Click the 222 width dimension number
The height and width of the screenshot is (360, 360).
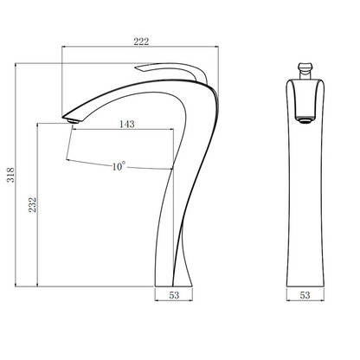[x=141, y=42]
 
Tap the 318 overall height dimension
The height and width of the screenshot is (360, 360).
[x=10, y=175]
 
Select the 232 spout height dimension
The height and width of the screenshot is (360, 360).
[x=32, y=204]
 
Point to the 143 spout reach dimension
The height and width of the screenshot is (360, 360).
[x=127, y=124]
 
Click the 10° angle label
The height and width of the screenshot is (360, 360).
[x=119, y=166]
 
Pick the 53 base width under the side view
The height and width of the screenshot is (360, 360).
[x=174, y=295]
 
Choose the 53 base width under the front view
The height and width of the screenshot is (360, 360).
[x=305, y=295]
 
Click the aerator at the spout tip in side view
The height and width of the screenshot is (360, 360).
[x=74, y=120]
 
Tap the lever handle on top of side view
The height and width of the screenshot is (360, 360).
[x=171, y=71]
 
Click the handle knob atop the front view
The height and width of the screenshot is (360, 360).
[x=305, y=71]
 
